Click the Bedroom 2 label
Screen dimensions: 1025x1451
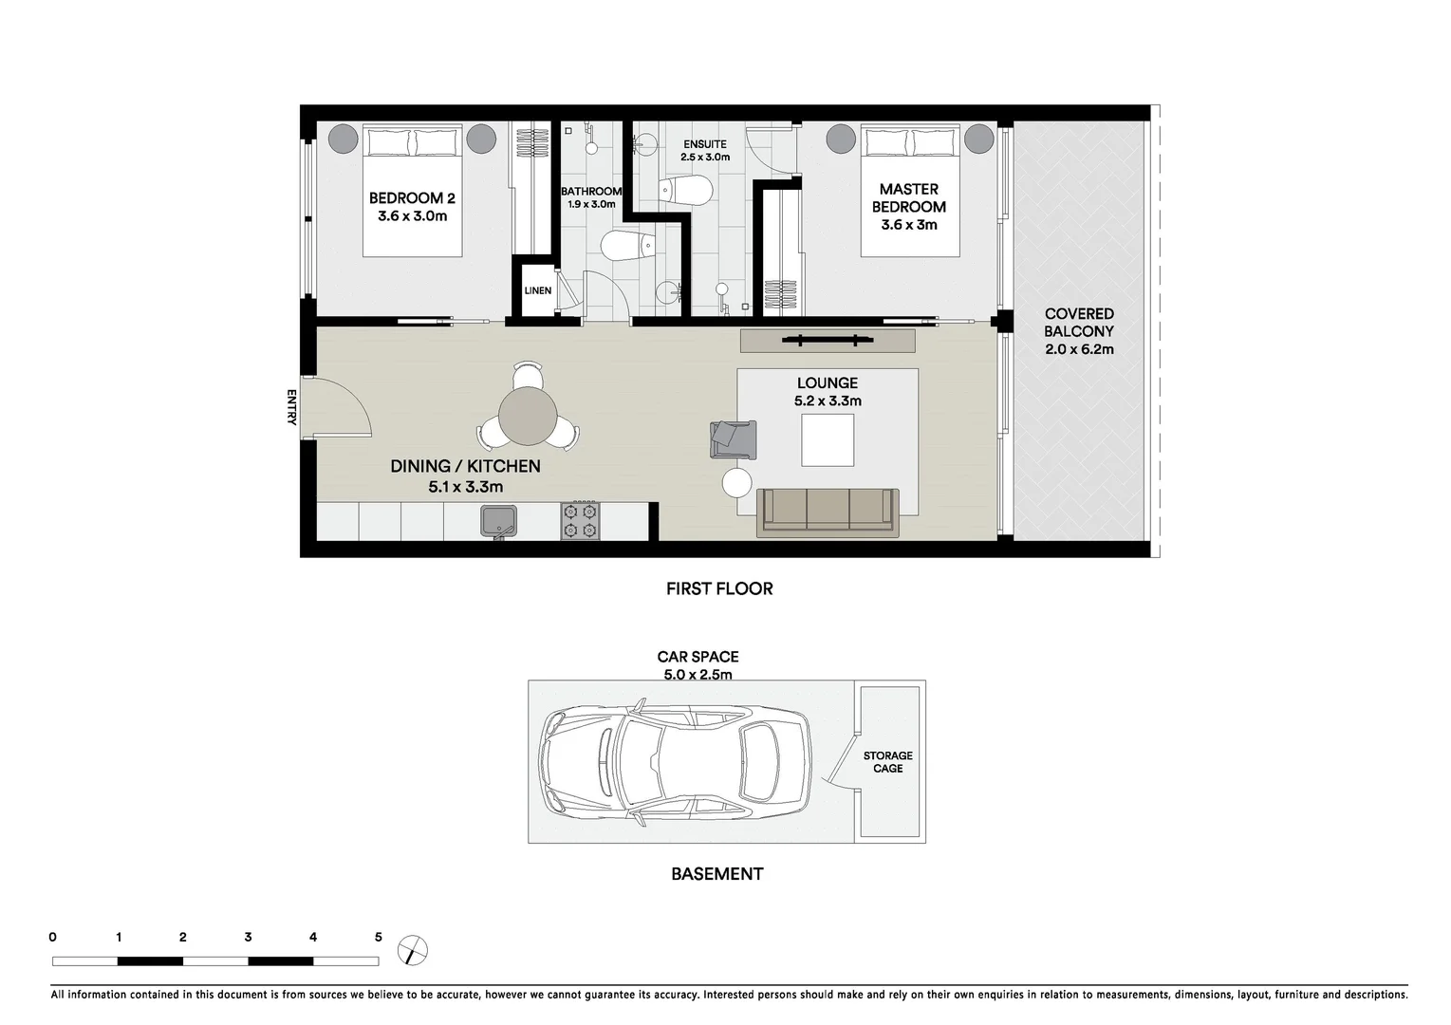412,198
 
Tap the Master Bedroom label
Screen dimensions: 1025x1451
908,198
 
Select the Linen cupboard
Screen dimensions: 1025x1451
537,290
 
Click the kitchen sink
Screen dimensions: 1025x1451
497,521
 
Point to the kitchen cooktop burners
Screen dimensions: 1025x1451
580,521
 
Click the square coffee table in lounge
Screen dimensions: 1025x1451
828,440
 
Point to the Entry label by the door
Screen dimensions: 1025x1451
291,407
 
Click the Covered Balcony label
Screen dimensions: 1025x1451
1079,323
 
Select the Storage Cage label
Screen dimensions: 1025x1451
887,762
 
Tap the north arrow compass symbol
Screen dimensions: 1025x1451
414,949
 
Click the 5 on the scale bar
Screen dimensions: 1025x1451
378,938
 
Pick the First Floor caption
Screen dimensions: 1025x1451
719,588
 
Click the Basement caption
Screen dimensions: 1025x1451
716,874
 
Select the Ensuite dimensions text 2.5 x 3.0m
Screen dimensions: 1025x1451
704,158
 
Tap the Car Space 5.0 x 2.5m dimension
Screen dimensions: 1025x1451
698,675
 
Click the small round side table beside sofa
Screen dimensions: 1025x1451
737,483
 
